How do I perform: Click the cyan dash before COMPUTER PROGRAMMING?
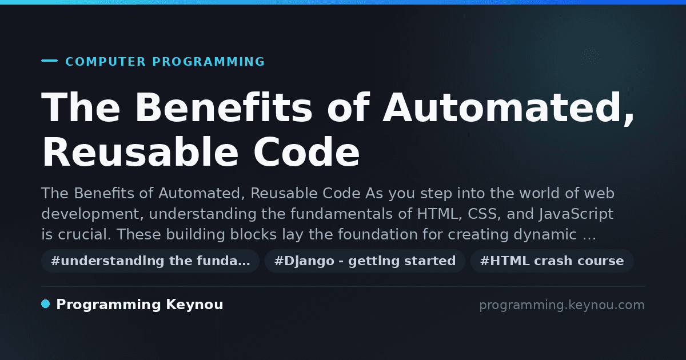(x=49, y=61)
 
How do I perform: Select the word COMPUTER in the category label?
(x=106, y=62)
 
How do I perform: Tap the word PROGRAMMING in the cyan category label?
(x=208, y=62)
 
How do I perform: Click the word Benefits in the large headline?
(x=224, y=107)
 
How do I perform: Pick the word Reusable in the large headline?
(x=140, y=151)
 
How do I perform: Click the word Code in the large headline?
(x=306, y=151)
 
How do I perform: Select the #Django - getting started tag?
(x=365, y=261)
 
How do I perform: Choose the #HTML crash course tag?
(x=552, y=261)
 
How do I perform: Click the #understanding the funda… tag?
(x=150, y=261)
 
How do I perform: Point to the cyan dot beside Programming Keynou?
(x=45, y=304)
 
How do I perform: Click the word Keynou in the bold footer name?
(x=194, y=305)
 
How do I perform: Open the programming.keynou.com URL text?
(x=562, y=305)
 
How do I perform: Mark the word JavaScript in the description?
(x=576, y=214)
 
